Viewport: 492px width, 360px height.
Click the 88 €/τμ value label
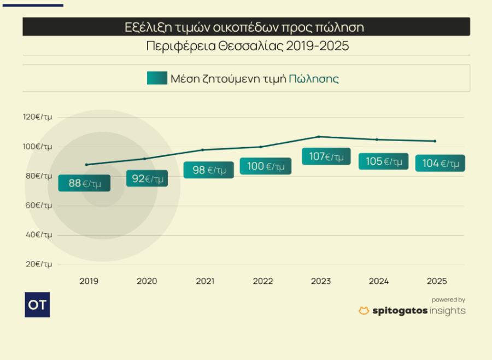point(84,183)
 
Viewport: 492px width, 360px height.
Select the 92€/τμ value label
point(147,178)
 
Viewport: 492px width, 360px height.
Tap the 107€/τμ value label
point(326,156)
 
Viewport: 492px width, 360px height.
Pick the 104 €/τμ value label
point(440,164)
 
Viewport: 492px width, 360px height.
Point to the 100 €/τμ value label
point(265,166)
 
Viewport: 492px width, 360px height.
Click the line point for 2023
point(319,137)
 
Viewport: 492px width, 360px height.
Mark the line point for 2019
point(86,165)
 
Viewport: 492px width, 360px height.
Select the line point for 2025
point(435,141)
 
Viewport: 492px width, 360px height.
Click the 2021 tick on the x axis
point(205,281)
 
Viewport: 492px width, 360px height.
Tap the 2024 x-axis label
point(379,281)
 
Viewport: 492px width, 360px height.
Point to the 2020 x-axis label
point(147,281)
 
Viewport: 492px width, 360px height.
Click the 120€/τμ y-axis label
point(38,117)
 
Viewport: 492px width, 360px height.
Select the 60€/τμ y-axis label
point(38,205)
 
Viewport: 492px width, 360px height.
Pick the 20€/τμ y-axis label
point(38,264)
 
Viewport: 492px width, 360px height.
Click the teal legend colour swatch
point(157,78)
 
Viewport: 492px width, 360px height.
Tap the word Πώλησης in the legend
point(314,79)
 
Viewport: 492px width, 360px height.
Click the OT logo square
point(37,305)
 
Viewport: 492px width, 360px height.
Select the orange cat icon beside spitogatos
point(364,311)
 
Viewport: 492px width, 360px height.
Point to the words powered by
point(448,300)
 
